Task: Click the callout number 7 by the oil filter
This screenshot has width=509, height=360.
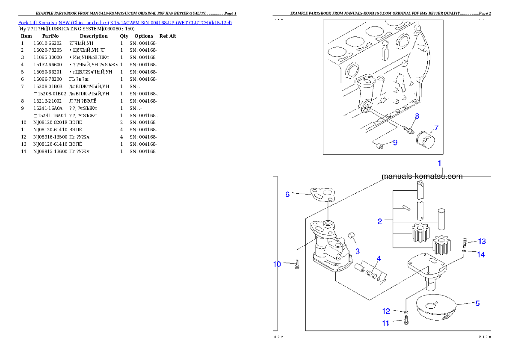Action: click(436, 127)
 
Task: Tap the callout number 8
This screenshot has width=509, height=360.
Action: click(417, 116)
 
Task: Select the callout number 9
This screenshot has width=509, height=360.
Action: click(395, 143)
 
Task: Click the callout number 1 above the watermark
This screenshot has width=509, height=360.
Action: click(439, 163)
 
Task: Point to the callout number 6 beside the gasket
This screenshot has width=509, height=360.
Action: click(287, 194)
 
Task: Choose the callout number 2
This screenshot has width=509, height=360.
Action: click(380, 221)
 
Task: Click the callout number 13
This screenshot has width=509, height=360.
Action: click(482, 241)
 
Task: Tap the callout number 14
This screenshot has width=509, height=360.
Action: click(481, 254)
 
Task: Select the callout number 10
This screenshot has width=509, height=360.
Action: click(277, 264)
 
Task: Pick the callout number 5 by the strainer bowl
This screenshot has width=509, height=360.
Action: click(477, 303)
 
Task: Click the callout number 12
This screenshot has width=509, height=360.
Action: click(386, 311)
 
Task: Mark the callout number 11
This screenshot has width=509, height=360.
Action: click(385, 324)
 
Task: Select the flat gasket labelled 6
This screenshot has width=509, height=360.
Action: click(322, 195)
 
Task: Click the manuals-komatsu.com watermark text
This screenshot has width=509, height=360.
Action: click(422, 176)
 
